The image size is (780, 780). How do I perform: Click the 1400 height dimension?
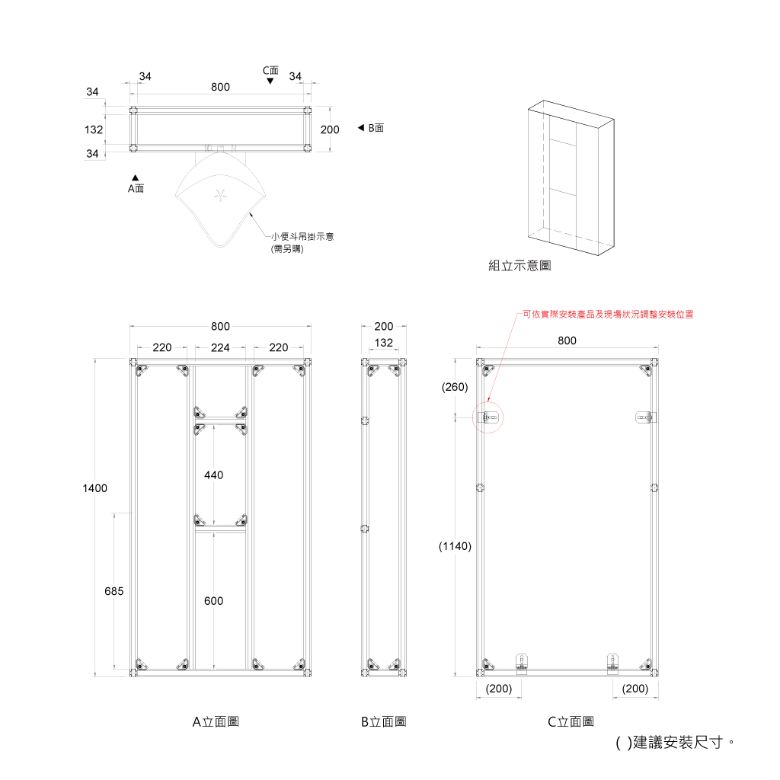click(x=94, y=488)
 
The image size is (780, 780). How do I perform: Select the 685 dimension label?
click(x=114, y=591)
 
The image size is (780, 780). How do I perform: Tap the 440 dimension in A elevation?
click(x=213, y=475)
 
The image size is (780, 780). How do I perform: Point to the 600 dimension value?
click(x=213, y=601)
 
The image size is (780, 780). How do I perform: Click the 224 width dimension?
click(x=220, y=347)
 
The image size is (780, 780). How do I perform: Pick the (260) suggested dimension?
click(x=455, y=387)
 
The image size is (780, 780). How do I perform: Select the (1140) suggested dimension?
click(x=455, y=546)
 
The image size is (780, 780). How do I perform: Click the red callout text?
click(x=608, y=315)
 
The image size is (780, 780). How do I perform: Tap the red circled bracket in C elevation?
click(x=488, y=417)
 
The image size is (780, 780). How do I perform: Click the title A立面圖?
click(x=216, y=722)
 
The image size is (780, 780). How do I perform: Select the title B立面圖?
click(x=384, y=722)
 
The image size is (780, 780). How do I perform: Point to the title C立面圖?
click(x=571, y=722)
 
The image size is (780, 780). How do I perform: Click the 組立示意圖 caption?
click(x=519, y=266)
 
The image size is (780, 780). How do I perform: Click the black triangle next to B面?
click(x=361, y=128)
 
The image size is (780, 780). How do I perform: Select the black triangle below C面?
click(x=270, y=81)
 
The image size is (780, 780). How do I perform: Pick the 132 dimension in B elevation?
click(x=384, y=343)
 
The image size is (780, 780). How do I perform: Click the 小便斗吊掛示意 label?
click(x=302, y=237)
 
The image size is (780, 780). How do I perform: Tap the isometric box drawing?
click(x=571, y=177)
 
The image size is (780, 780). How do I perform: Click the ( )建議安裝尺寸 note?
click(x=675, y=743)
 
